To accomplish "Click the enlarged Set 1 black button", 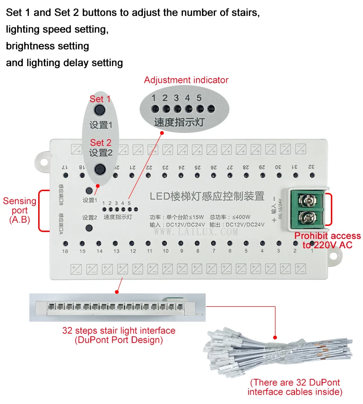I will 99,110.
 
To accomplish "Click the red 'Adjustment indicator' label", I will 186,80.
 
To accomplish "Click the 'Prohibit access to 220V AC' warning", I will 327,241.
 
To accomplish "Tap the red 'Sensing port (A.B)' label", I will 20,210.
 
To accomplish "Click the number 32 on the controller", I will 311,166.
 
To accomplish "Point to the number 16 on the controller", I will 65,251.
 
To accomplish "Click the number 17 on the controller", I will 65,167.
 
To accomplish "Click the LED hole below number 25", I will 197,176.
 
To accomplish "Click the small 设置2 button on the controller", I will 89,228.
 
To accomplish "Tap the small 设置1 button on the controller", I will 89,191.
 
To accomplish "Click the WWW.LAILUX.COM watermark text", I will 195,231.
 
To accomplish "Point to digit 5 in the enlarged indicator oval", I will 199,98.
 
